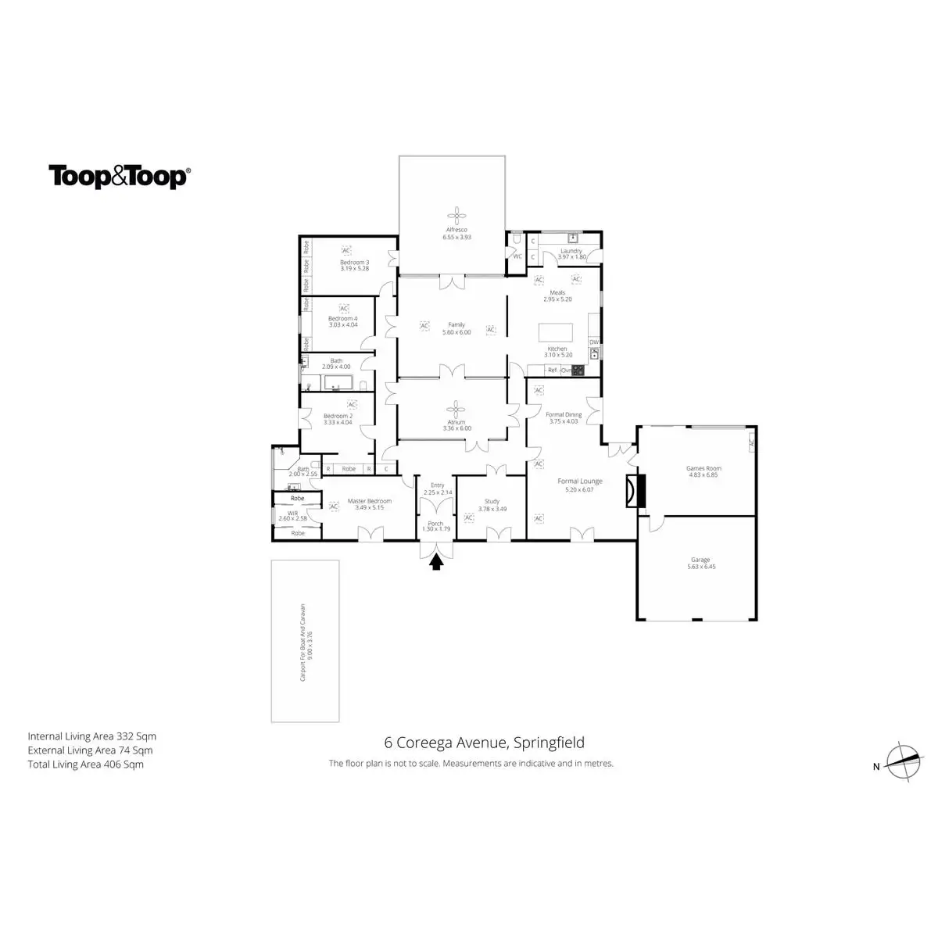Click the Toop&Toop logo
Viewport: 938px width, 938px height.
pos(119,177)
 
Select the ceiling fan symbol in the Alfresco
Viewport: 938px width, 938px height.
pos(456,216)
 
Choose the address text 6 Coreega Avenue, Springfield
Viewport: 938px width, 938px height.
pos(484,743)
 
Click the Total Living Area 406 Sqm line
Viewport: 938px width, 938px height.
pos(86,764)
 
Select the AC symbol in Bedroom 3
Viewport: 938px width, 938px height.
pos(345,250)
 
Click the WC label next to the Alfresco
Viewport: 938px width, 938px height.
pos(517,256)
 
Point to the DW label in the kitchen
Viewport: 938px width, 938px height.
pos(593,342)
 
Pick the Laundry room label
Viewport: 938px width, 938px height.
pos(571,251)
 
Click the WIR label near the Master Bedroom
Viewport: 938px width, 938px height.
pos(293,514)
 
